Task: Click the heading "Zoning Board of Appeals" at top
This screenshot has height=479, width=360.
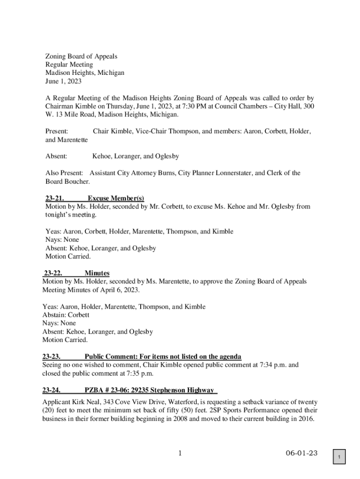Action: click(x=81, y=56)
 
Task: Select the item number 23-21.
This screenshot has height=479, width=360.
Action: click(x=54, y=198)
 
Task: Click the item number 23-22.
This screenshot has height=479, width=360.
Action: click(x=54, y=273)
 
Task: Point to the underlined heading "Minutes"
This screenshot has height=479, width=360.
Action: click(x=97, y=273)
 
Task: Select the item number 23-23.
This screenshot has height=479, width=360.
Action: click(x=51, y=356)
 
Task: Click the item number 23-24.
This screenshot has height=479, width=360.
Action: click(x=51, y=390)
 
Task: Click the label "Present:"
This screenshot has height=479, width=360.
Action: click(x=57, y=131)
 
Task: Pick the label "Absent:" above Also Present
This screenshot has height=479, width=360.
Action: click(x=56, y=156)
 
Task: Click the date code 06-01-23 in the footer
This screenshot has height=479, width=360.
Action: click(x=302, y=453)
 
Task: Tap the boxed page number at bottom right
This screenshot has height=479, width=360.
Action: click(x=341, y=457)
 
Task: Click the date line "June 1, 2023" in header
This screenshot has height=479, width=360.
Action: click(x=63, y=81)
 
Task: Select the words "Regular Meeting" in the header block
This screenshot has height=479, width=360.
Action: click(x=69, y=65)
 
